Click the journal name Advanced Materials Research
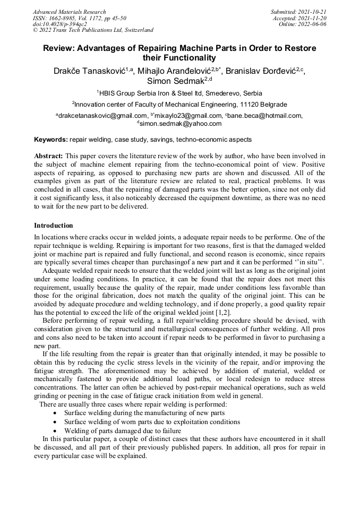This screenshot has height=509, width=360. coord(69,12)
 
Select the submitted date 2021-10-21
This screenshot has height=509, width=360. coord(313,12)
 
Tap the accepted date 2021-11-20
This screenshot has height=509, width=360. coord(313,18)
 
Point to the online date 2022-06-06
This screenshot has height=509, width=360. coord(313,24)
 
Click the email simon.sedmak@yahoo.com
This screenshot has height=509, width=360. coord(181,124)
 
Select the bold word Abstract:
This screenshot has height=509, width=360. coord(48,156)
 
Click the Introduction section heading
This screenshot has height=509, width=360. coord(54,226)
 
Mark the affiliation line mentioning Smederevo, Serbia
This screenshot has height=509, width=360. coord(179,93)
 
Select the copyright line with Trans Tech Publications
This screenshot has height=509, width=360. coord(93,30)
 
